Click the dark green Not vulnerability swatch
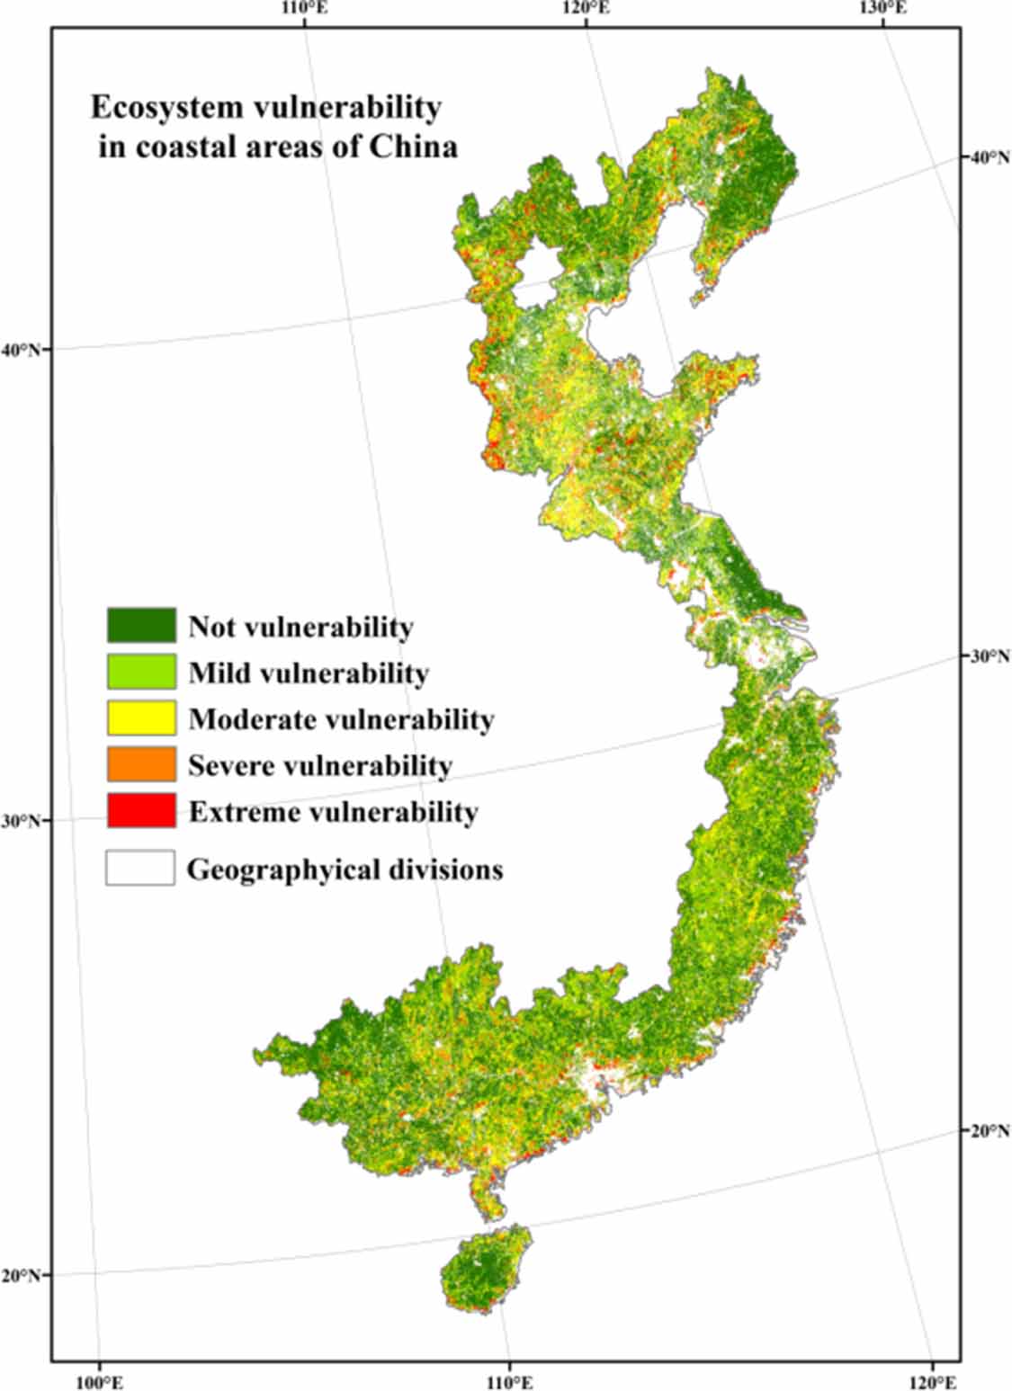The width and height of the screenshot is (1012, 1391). click(x=141, y=626)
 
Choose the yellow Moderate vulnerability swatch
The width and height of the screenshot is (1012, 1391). click(x=141, y=718)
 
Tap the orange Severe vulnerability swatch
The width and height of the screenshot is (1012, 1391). click(x=141, y=764)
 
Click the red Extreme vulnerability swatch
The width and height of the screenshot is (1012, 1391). click(x=141, y=811)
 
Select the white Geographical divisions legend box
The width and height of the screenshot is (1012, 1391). click(x=140, y=869)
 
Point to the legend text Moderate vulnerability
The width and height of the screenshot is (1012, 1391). click(x=341, y=719)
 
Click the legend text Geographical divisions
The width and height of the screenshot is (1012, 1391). click(x=345, y=869)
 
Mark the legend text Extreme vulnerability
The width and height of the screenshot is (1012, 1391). click(x=333, y=812)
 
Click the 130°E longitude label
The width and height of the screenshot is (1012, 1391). click(x=882, y=9)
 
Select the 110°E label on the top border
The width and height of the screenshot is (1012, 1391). click(x=305, y=9)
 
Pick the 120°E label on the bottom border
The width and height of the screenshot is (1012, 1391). click(x=932, y=1380)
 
